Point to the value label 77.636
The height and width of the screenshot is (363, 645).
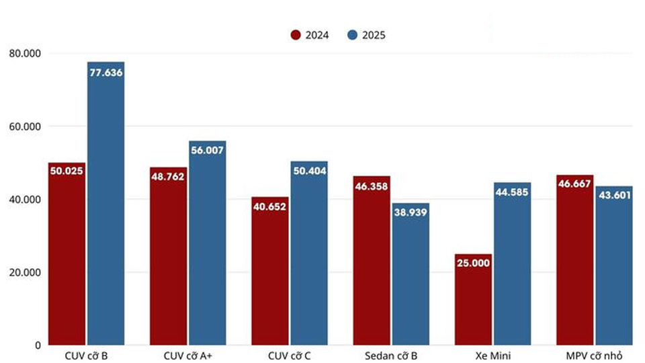click(105, 72)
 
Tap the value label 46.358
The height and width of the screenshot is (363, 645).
click(372, 186)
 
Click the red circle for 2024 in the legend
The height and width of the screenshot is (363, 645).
click(296, 35)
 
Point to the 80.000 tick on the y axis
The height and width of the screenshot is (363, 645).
click(26, 53)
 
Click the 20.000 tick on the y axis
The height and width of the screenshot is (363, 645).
click(26, 272)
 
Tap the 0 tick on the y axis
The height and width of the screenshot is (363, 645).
click(36, 345)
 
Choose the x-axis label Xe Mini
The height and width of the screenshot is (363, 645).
click(492, 356)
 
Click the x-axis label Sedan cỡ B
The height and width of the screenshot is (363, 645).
click(391, 356)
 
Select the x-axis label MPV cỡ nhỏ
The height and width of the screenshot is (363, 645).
click(595, 356)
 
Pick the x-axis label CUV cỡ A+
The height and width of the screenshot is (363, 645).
click(188, 356)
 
